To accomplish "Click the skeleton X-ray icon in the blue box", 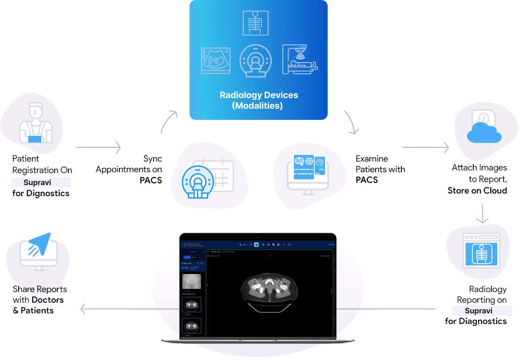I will coord(255,23).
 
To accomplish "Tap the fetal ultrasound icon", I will coord(216,60).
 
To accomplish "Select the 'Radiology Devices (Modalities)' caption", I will coord(259,100).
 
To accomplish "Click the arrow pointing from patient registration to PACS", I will coord(99,147).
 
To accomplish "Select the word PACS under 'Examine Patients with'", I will coord(367,180).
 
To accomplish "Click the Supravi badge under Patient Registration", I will coord(40,182).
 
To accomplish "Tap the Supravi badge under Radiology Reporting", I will coord(482,311).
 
